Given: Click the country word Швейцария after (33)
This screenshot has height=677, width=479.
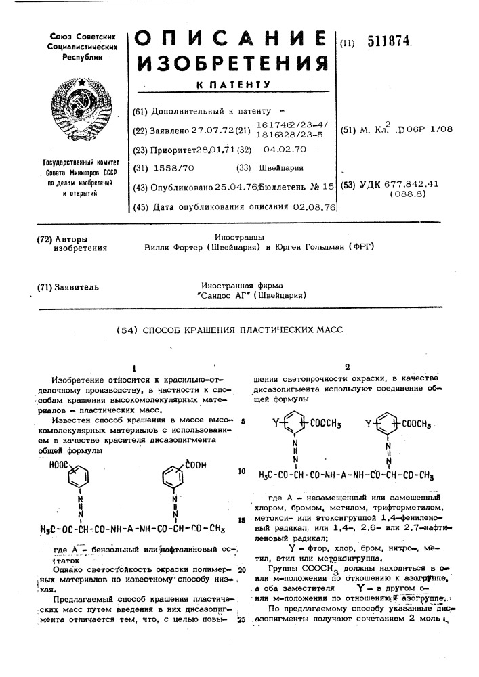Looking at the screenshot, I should point(283,168).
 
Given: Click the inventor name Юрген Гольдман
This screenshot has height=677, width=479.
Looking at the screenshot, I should point(312,248).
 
